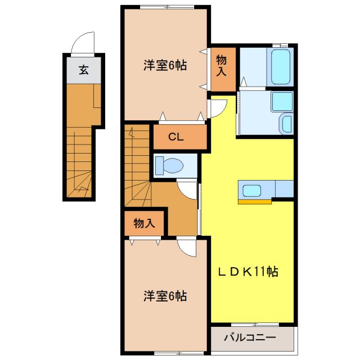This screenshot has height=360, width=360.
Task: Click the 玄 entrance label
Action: [x=83, y=70]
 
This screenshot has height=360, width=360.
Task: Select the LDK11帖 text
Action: [x=247, y=272]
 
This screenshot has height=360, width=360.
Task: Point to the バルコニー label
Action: [x=250, y=338]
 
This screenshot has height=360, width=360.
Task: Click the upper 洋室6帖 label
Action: [x=164, y=66]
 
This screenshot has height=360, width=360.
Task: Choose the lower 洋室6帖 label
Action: [x=164, y=296]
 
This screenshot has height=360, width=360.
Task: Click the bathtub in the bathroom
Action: [x=280, y=66]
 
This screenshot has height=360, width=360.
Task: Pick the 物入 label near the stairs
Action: [x=144, y=224]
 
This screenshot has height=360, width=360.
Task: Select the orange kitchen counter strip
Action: [x=254, y=200]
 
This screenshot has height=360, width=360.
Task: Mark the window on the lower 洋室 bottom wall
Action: [x=166, y=353]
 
